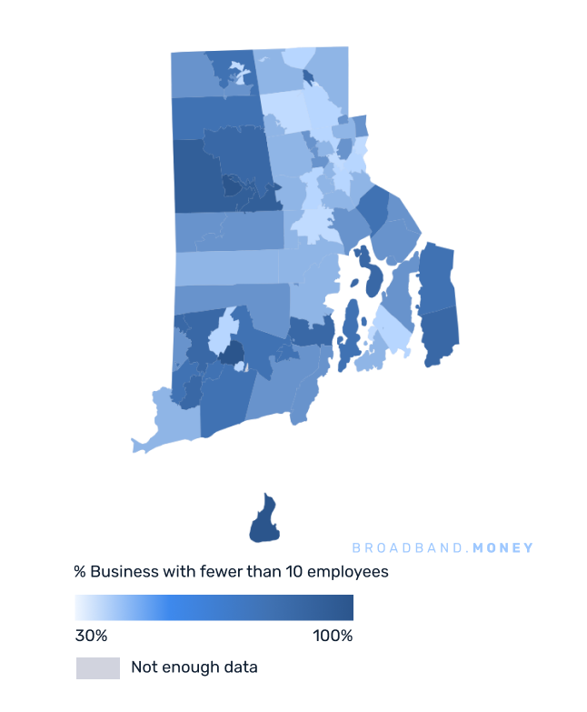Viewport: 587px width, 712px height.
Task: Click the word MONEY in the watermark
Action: [x=503, y=548]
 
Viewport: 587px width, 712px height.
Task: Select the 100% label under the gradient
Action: [x=333, y=635]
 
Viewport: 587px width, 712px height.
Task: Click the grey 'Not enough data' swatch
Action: [x=97, y=667]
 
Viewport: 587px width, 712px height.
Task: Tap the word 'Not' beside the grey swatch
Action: [x=144, y=667]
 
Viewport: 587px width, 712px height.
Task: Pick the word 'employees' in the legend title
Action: [x=348, y=572]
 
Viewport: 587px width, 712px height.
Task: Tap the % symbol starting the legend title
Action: [x=80, y=572]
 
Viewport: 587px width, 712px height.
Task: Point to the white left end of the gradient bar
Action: [x=81, y=607]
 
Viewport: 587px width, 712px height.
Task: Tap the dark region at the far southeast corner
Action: [x=441, y=336]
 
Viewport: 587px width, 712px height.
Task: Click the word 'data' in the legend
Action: [x=240, y=667]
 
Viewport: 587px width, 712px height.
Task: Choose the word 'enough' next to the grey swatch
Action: [x=189, y=667]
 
